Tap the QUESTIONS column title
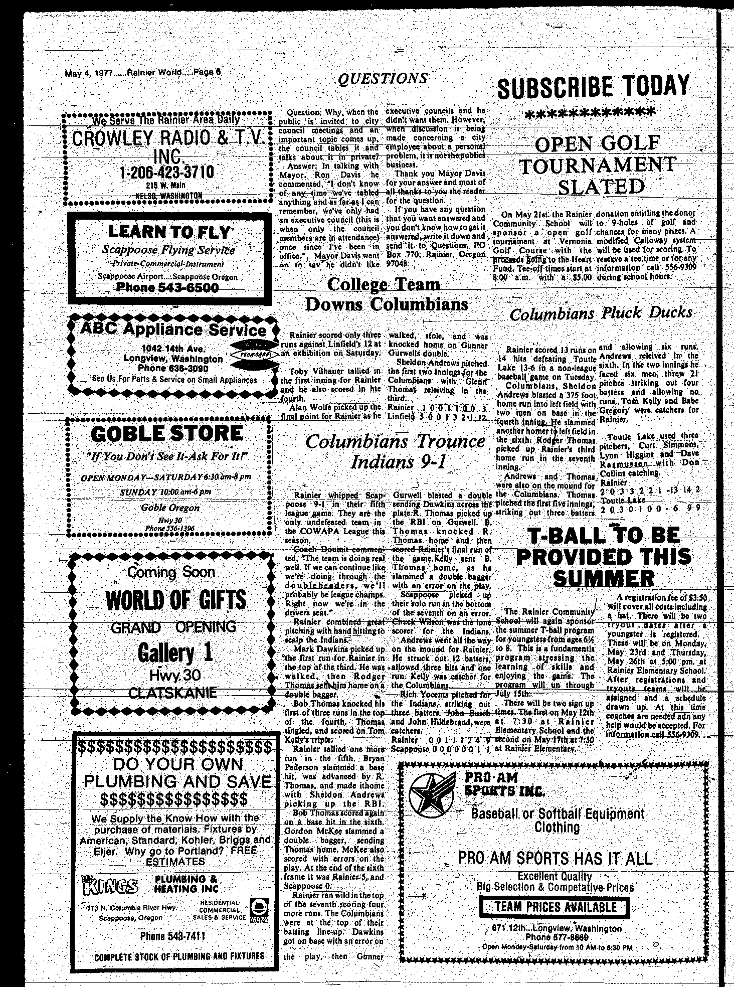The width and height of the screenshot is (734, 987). [383, 79]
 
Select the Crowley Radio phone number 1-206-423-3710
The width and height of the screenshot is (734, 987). [167, 172]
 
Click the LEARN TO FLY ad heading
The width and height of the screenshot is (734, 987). [169, 232]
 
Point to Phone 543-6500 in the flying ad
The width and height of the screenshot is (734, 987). [167, 288]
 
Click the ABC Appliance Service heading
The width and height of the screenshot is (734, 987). [173, 330]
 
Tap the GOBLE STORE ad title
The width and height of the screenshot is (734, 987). [167, 434]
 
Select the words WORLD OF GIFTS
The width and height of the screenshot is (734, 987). [176, 600]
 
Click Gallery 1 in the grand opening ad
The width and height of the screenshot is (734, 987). [175, 652]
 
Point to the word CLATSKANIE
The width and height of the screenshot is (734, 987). [172, 693]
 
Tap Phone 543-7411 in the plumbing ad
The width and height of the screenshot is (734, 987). [172, 936]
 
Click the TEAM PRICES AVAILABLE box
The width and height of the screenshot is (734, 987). [555, 907]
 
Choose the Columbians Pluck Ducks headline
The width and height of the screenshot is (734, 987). [601, 313]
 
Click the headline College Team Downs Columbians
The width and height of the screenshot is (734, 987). [386, 294]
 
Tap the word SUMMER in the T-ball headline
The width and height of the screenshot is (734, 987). [604, 579]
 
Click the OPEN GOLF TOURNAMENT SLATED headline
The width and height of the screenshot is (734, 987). [598, 165]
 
